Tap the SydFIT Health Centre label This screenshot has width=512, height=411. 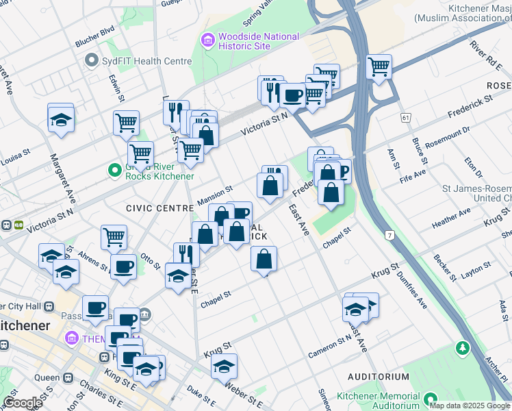click(146, 62)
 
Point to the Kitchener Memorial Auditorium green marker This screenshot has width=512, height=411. click(430, 399)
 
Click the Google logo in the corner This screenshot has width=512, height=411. click(23, 403)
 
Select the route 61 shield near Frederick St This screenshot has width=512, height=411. click(406, 119)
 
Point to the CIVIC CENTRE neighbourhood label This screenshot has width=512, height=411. click(159, 208)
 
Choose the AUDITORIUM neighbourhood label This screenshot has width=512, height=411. click(378, 377)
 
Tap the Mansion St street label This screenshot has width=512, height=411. click(215, 194)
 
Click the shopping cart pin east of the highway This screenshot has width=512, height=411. click(379, 68)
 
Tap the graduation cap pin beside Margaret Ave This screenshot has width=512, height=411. click(61, 119)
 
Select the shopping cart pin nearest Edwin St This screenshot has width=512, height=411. click(126, 124)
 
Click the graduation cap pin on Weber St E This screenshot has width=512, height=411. click(224, 367)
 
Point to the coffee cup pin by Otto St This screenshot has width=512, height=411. click(123, 267)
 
